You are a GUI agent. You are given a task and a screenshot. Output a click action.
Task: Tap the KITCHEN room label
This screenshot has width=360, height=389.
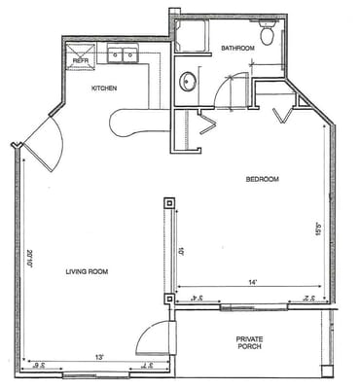[x=105, y=88]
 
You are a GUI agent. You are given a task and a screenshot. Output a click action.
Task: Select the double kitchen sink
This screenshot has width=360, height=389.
[x=123, y=53]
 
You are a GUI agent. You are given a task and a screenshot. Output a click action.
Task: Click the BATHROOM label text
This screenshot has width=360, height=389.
[x=237, y=47]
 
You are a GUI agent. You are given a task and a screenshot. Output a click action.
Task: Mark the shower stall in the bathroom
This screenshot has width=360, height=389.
[x=192, y=36]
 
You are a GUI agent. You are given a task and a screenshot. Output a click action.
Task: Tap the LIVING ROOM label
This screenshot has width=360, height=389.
[x=87, y=271]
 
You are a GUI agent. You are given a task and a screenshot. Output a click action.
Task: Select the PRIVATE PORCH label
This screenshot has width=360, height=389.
[x=250, y=344]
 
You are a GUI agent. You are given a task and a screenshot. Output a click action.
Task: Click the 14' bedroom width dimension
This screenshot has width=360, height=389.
[x=251, y=283]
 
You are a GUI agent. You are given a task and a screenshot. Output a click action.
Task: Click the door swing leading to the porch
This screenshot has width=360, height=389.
[x=153, y=338]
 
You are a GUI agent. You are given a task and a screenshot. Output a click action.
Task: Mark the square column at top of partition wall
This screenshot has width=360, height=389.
[x=169, y=204]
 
